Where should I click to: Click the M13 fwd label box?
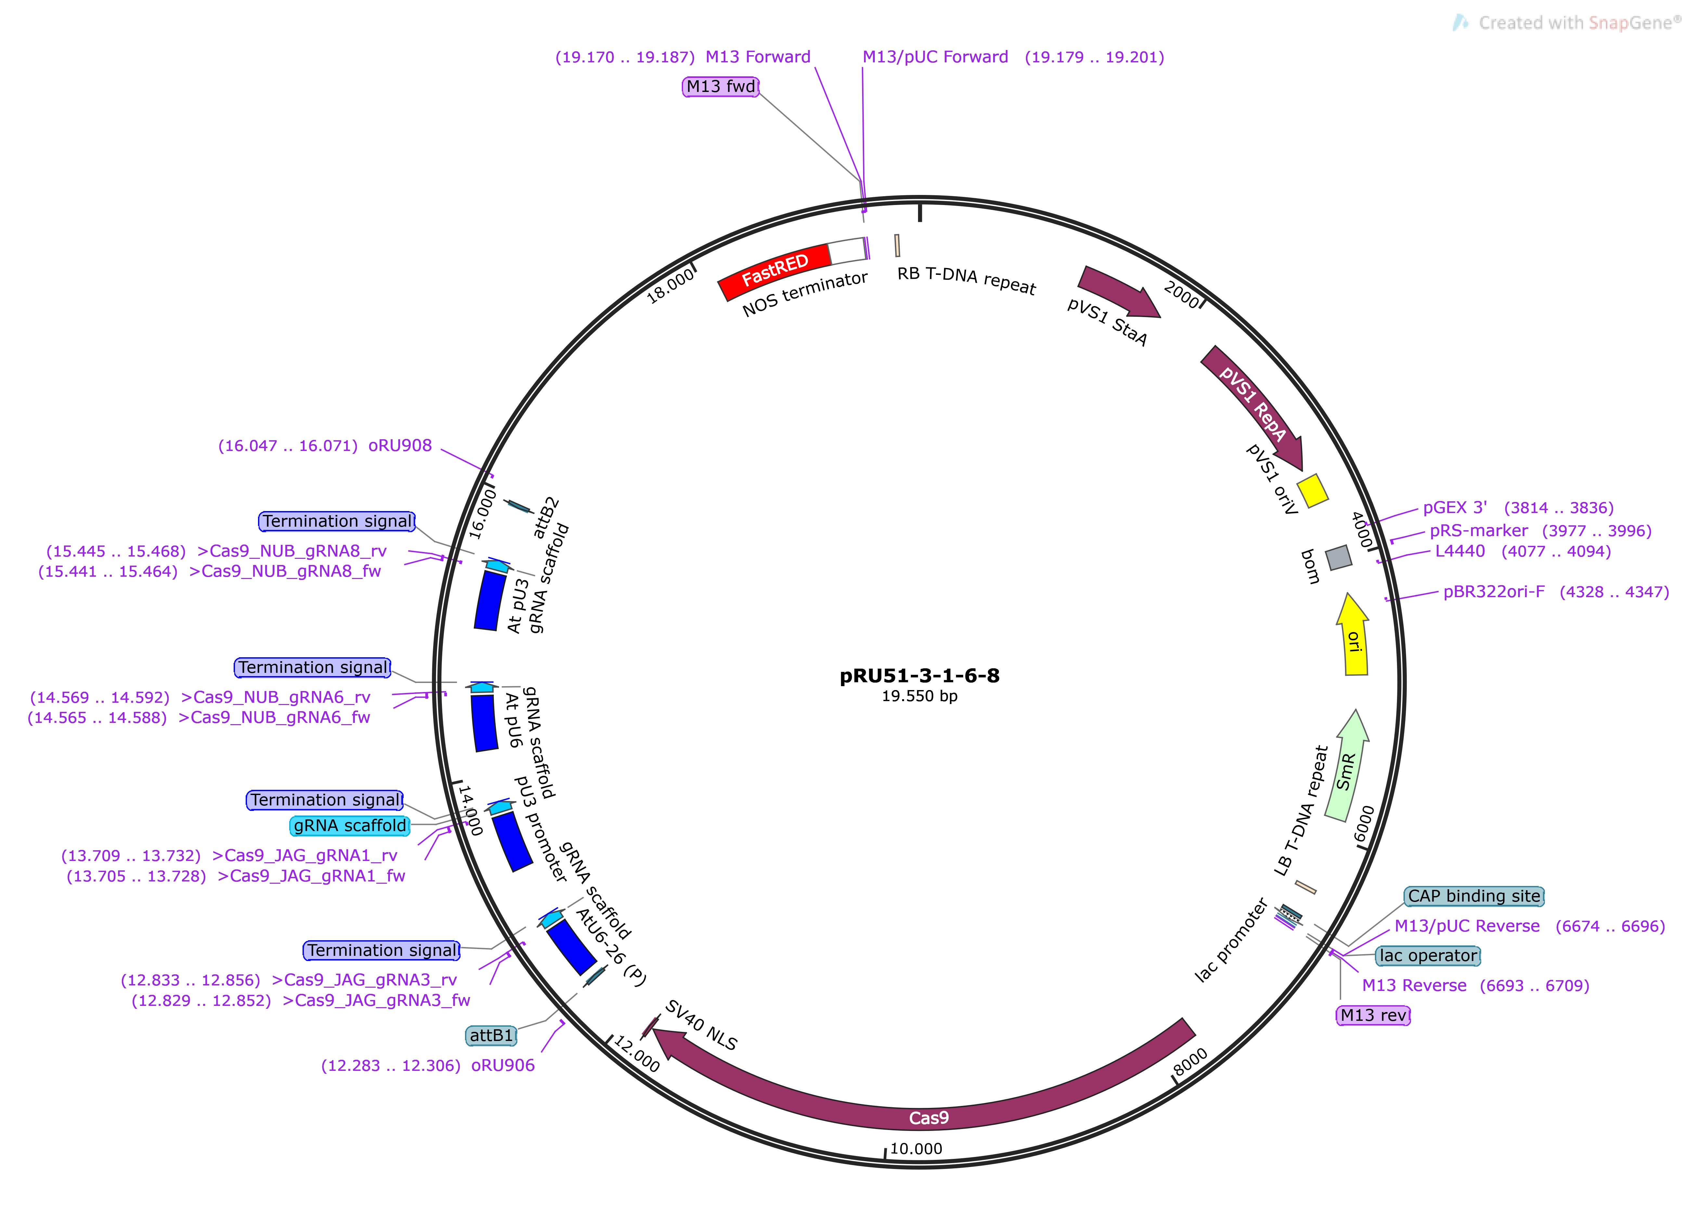pos(720,87)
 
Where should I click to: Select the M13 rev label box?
pos(1373,1015)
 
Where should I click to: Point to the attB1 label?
pos(491,1035)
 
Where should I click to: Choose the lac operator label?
pos(1428,956)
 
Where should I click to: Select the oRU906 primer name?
pos(503,1066)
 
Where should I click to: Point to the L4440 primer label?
pos(1459,551)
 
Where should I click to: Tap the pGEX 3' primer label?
pos(1454,508)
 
